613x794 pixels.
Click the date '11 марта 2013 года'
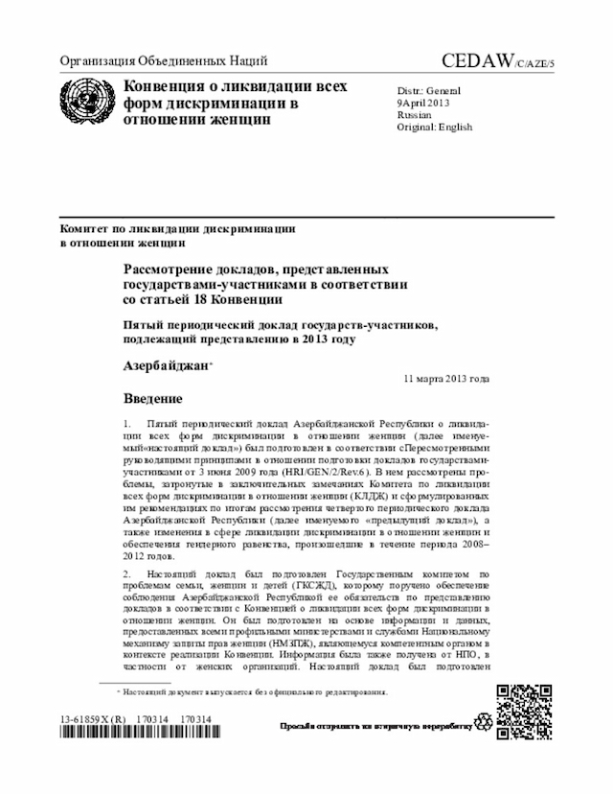446,380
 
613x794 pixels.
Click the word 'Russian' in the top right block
413,114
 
